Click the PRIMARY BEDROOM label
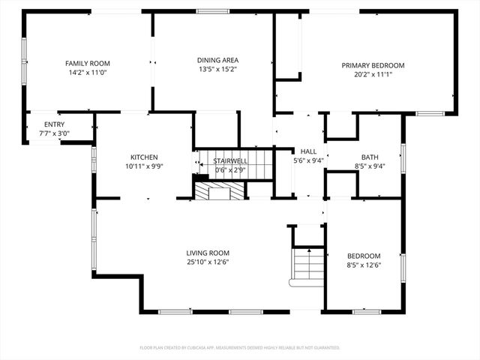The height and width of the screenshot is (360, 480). pos(373,65)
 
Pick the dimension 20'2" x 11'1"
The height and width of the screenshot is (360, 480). pos(373,74)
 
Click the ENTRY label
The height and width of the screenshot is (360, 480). pos(54,124)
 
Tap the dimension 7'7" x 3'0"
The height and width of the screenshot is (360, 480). pos(54,133)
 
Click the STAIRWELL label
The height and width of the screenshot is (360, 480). pos(230,160)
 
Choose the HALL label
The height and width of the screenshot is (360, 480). pos(309,151)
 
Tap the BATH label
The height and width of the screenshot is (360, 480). pos(370,157)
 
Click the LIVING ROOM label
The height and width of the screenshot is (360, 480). pos(208,253)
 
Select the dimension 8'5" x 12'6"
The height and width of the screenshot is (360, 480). pos(364,265)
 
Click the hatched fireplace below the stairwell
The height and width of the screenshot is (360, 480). pos(219,190)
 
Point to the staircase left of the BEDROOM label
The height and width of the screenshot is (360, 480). pos(307,265)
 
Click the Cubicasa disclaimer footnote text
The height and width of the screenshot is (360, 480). pos(240,348)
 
